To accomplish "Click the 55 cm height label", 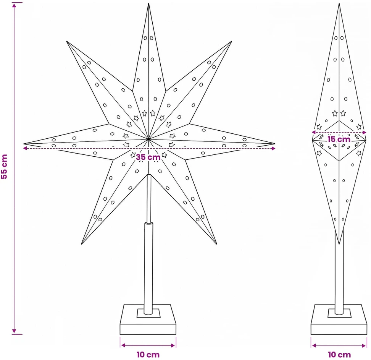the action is pyautogui.click(x=4, y=166).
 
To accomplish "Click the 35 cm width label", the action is pyautogui.click(x=148, y=157).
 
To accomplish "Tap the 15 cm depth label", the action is pyautogui.click(x=339, y=139).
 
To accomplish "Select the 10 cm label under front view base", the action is pyautogui.click(x=148, y=355).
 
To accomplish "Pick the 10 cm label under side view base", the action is pyautogui.click(x=339, y=355).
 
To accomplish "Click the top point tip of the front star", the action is pyautogui.click(x=148, y=3).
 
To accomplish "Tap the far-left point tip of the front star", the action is pyautogui.click(x=24, y=144).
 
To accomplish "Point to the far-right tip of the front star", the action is pyautogui.click(x=275, y=144).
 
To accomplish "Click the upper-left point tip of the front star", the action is pyautogui.click(x=67, y=41).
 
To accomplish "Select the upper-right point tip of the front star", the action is pyautogui.click(x=232, y=41).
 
